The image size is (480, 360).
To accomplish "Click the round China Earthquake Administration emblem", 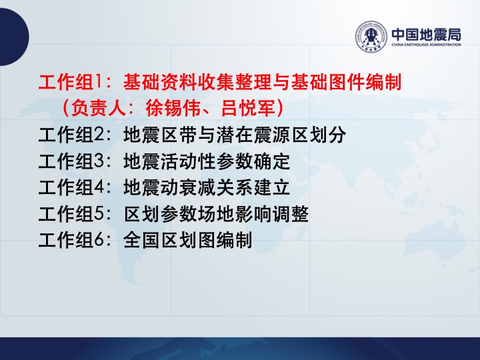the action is click(x=371, y=37).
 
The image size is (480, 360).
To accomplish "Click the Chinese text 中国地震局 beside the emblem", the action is click(x=426, y=35).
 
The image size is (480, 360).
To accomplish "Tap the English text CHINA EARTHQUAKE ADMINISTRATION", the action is click(x=426, y=45).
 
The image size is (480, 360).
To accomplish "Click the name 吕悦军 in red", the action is click(x=248, y=108).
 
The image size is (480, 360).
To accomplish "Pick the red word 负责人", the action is click(x=98, y=108).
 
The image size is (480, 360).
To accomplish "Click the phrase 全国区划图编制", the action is click(x=187, y=240).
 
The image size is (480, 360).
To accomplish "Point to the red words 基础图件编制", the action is click(x=346, y=82).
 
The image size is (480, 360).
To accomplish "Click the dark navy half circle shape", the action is click(x=13, y=37).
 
